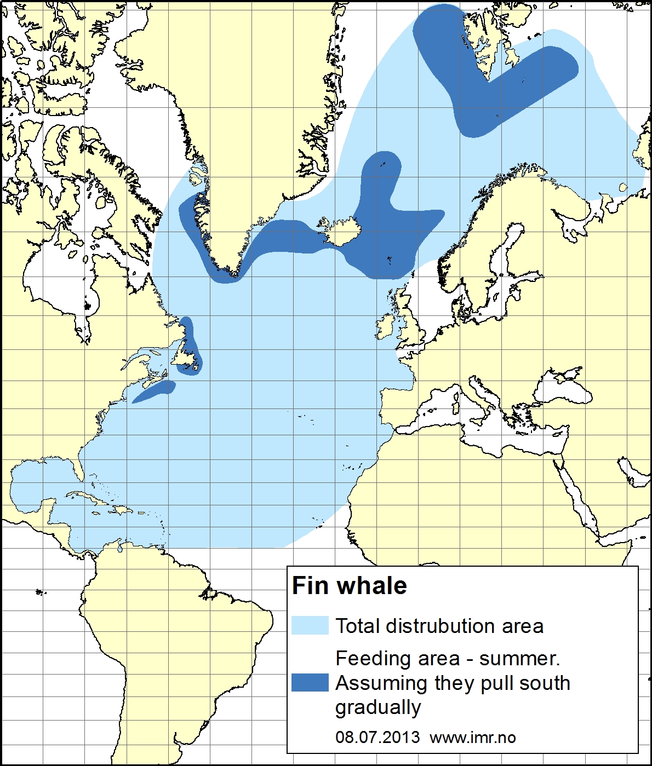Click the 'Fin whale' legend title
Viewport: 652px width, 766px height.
tap(349, 586)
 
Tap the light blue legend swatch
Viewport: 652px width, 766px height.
tap(310, 625)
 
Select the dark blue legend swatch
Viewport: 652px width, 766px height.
tap(310, 682)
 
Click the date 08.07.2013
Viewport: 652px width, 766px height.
tap(378, 737)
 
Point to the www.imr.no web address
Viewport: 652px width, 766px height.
tap(473, 738)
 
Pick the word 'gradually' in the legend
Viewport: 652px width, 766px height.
tap(378, 707)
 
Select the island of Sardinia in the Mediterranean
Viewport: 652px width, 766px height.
tap(454, 408)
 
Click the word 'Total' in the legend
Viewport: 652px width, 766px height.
tap(357, 626)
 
